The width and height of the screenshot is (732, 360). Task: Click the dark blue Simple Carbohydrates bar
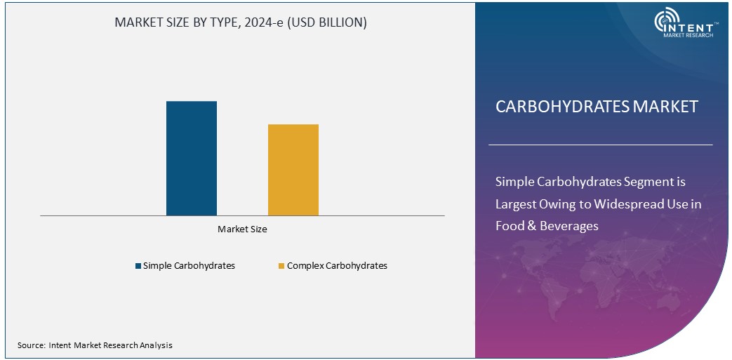[x=191, y=158]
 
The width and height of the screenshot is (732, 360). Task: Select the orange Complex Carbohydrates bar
[x=293, y=169]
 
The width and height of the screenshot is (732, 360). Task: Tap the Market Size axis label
[x=242, y=229]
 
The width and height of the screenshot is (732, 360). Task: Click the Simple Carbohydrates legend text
[x=189, y=266]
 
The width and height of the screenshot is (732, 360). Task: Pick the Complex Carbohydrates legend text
[x=337, y=266]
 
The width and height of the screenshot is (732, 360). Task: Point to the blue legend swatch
[x=138, y=266]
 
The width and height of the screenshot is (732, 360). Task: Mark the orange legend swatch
[x=281, y=266]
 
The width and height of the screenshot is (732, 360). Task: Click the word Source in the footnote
[x=31, y=345]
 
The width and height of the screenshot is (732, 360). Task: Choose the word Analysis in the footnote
[x=155, y=345]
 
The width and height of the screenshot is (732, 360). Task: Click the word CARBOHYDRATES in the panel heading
[x=562, y=107]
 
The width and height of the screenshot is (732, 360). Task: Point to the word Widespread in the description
[x=627, y=204]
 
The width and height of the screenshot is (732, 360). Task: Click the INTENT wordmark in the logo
[x=696, y=23]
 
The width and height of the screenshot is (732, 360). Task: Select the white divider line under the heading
[x=600, y=145]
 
